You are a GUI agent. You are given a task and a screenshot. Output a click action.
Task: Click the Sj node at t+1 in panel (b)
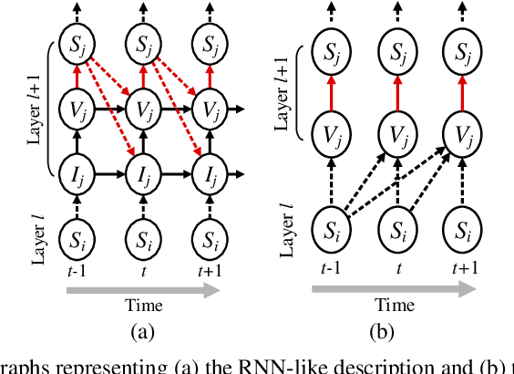(460, 43)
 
